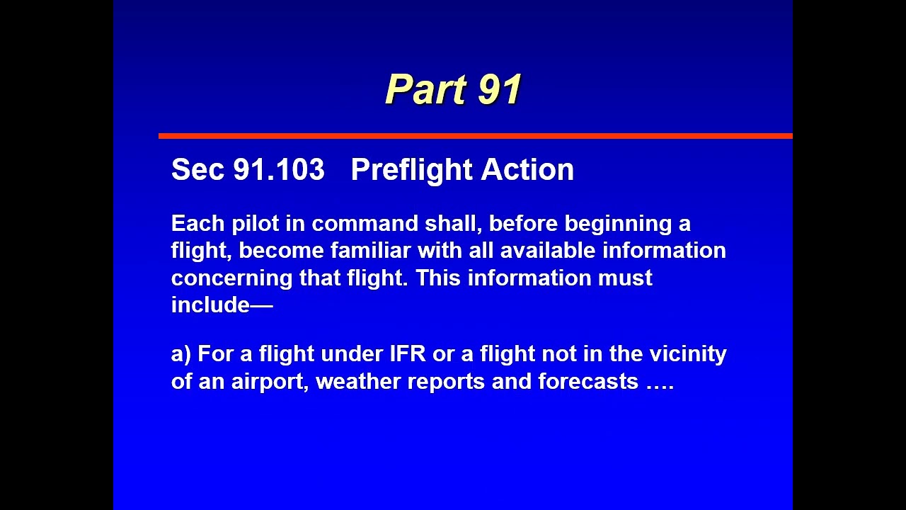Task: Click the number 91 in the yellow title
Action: tap(500, 90)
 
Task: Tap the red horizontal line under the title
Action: tap(475, 135)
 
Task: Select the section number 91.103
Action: tap(279, 170)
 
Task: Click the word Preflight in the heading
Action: tap(411, 170)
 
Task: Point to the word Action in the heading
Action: tap(527, 170)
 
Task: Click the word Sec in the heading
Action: tap(197, 170)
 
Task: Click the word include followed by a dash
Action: tap(211, 305)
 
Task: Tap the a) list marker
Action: tap(181, 354)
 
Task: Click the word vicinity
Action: tap(688, 354)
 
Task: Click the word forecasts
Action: tap(588, 382)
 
